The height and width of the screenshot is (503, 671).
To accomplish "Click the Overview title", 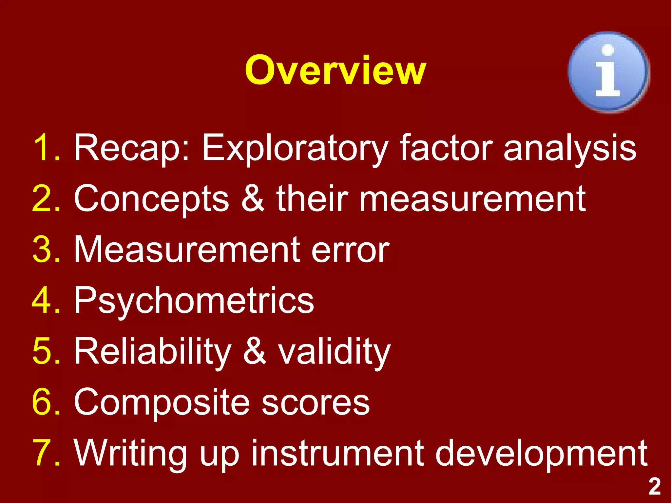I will click(x=335, y=70).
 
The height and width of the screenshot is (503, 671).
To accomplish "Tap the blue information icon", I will click(x=608, y=72).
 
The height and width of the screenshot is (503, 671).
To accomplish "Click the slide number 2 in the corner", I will click(x=654, y=487).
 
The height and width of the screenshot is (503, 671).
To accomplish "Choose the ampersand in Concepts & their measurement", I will click(x=253, y=198).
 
